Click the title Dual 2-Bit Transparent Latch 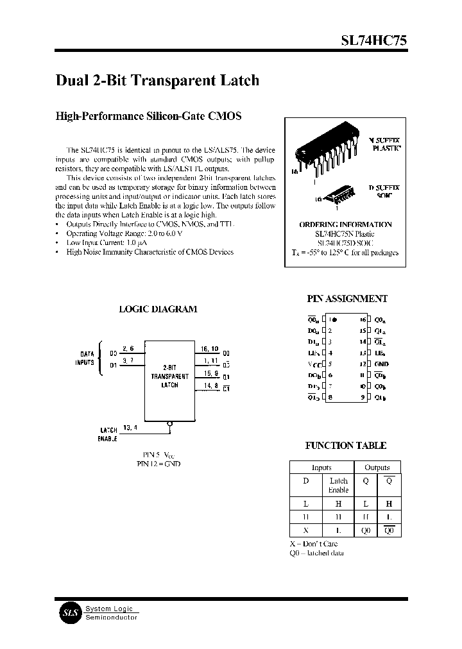click(158, 80)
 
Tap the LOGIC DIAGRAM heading click(158, 308)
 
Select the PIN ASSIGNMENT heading click(347, 299)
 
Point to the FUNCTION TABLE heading click(345, 445)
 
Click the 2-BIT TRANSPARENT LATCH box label click(169, 376)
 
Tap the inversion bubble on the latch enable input click(169, 423)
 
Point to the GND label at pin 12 click(381, 364)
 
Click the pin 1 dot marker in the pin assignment click(335, 319)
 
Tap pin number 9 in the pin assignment click(363, 397)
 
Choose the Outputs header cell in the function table click(377, 468)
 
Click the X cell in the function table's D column click(305, 530)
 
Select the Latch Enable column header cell click(338, 485)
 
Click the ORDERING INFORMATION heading click(345, 224)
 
